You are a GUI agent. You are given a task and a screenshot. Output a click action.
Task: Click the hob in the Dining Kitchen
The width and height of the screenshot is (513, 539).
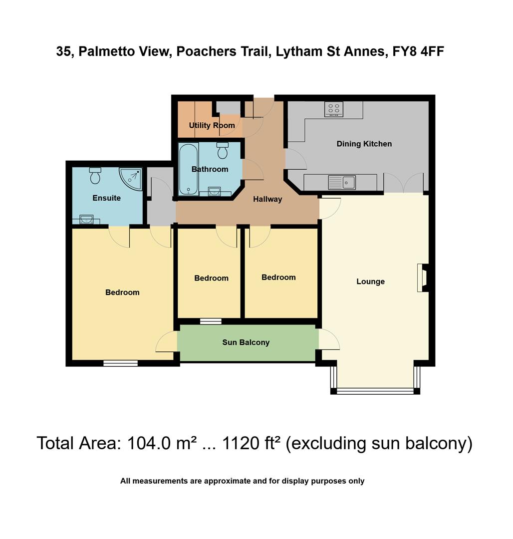click(x=333, y=109)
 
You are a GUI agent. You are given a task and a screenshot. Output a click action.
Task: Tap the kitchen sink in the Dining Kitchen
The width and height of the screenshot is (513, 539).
click(x=342, y=182)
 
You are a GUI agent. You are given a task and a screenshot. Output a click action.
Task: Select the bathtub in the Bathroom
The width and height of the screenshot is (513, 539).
click(x=189, y=170)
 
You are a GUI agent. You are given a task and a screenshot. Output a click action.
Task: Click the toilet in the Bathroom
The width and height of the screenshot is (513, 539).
click(x=223, y=150)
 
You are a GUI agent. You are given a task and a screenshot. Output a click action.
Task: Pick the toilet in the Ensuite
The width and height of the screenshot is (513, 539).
click(x=95, y=175)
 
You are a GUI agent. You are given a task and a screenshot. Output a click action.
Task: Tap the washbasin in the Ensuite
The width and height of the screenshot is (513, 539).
click(x=86, y=219)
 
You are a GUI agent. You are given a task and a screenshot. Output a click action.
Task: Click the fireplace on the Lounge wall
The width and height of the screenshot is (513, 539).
click(x=422, y=278)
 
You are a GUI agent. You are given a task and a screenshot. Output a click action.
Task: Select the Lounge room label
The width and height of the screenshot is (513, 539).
click(x=370, y=281)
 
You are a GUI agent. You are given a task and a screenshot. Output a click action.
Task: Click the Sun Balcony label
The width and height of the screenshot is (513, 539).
click(x=246, y=342)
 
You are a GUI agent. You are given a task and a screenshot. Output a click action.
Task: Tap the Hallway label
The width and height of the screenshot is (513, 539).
click(x=267, y=199)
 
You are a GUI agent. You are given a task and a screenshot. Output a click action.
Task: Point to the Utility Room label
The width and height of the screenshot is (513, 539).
click(x=212, y=125)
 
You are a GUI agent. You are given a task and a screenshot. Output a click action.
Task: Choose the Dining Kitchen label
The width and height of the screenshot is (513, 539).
click(x=364, y=144)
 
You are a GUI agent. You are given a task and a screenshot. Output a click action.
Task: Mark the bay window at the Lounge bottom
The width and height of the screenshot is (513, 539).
click(x=375, y=390)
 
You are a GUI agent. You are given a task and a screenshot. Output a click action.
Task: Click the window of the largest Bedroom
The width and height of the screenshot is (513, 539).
click(x=120, y=363)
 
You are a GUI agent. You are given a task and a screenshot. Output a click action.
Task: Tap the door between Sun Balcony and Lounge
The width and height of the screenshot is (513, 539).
click(x=328, y=340)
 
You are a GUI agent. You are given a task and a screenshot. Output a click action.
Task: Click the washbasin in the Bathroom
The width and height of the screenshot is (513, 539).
click(x=214, y=191)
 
